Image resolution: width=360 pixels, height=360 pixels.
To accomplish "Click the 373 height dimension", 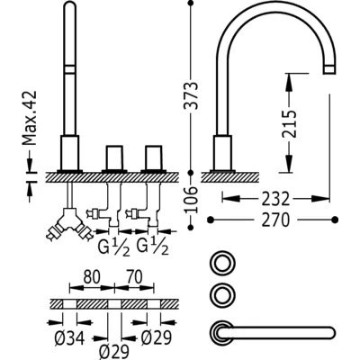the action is pos(191,95).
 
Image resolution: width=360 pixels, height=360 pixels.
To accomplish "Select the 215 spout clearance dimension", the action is pos(289,124).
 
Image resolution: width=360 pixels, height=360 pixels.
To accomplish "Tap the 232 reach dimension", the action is pos(275,199).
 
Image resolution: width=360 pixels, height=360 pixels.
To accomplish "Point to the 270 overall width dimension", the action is pos(275,220).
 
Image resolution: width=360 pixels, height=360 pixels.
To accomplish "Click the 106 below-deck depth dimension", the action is pos(191,200).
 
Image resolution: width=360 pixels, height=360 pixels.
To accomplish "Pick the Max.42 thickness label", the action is pos(30,118).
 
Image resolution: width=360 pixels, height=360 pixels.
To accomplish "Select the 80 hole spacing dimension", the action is pos(92,277).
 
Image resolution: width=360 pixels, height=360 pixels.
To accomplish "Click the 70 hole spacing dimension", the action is pos(134,277).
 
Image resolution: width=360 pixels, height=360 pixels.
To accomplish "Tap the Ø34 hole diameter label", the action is pos(69,338).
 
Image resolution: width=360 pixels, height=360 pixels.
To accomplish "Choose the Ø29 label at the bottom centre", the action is pos(113,350).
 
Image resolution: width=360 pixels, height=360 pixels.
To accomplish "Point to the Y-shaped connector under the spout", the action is pos(69,224).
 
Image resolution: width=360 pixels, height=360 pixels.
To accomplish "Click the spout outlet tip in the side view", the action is pos(329,69).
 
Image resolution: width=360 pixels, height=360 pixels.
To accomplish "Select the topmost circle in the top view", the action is pos(222,263).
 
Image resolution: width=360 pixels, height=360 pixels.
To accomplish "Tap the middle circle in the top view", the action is pos(222,295).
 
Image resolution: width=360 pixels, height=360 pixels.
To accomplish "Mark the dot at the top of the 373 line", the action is pos(190,3).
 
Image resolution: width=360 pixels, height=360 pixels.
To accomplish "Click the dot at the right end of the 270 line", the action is pos(335,220).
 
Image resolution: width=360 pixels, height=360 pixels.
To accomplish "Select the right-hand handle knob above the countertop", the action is pos(154,157).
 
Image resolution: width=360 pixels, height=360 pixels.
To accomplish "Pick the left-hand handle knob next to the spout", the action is pos(114,157).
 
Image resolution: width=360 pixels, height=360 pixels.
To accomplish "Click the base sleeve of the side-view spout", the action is pos(222,153).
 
